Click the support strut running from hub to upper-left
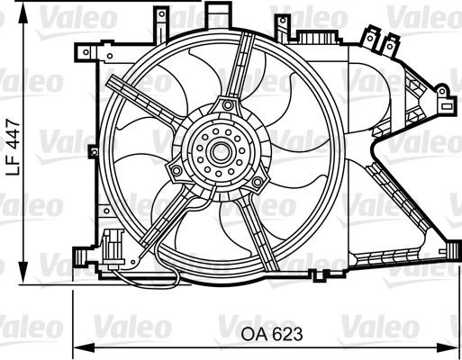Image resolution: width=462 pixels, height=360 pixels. click(144, 104)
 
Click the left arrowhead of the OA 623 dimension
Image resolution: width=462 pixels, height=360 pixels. click(77, 346)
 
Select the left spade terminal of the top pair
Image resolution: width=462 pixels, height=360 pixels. click(370, 37)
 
